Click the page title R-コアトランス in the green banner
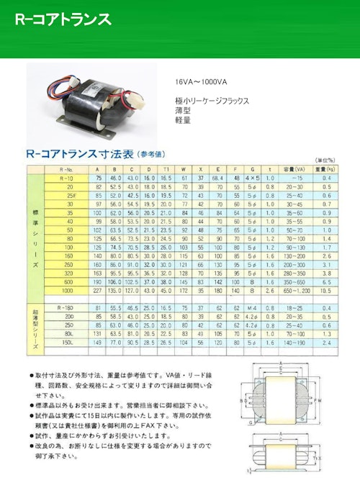(63, 19)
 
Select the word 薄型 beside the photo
(183, 112)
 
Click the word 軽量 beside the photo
(183, 122)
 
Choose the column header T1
(165, 168)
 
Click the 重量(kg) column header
(326, 168)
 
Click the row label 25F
(70, 195)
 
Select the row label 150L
(68, 343)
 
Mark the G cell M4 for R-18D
(252, 307)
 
